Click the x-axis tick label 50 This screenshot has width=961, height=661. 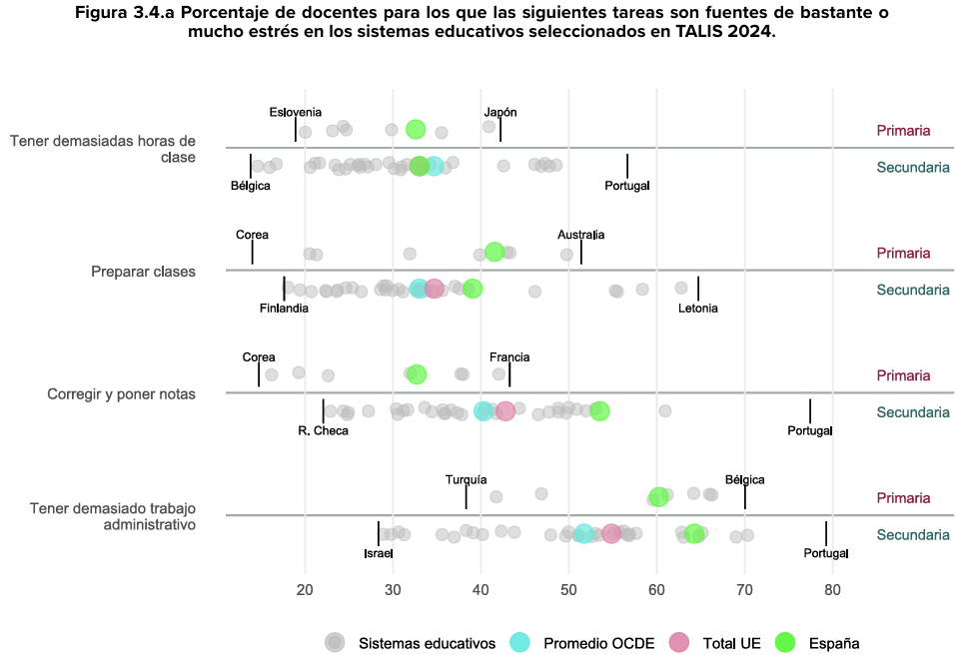point(568,591)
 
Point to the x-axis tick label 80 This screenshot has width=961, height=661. point(832,591)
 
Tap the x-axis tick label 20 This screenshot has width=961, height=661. point(305,591)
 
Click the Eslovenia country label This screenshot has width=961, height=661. point(296,112)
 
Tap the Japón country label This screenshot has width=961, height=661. point(500,112)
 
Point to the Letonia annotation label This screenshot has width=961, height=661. point(698,309)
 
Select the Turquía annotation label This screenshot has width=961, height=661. point(467,479)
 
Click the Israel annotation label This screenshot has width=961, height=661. point(379,553)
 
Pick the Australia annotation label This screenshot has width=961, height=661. point(580,235)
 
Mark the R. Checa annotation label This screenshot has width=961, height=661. point(324,430)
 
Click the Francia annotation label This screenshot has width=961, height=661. point(509,356)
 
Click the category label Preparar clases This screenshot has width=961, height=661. point(143,272)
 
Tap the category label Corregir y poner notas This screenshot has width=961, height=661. point(121,393)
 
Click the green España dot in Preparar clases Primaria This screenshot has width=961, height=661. point(494,252)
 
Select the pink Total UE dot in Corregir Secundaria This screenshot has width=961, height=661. point(505,411)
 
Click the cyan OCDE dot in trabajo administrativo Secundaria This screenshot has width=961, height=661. point(583,534)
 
